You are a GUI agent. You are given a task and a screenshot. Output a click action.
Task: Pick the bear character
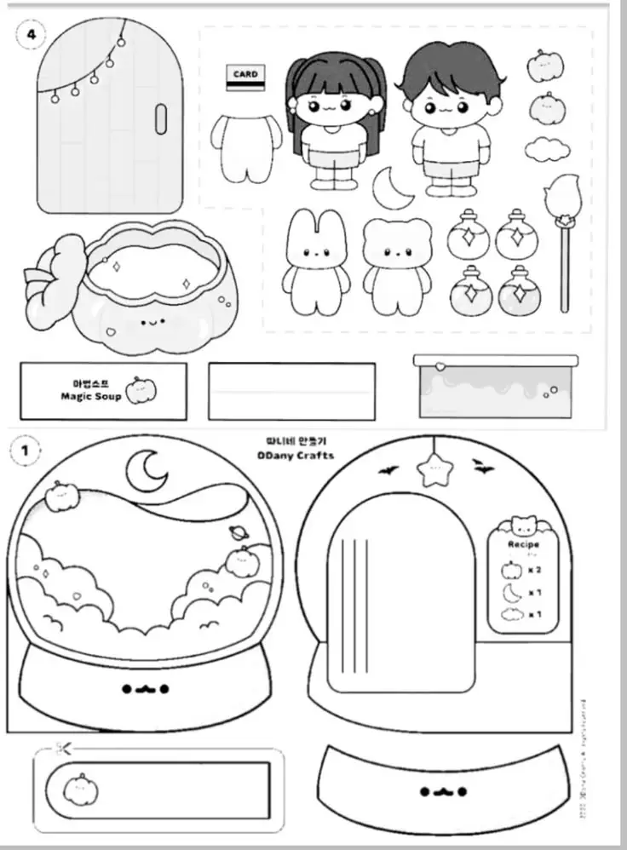[398, 266]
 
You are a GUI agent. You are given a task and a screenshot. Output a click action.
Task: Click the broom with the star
[564, 238]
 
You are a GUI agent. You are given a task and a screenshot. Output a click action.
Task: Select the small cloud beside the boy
[547, 149]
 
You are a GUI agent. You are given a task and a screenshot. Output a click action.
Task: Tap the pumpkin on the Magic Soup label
[141, 391]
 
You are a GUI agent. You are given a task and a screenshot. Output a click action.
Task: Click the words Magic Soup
[90, 396]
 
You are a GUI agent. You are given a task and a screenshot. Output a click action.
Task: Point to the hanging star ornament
[435, 468]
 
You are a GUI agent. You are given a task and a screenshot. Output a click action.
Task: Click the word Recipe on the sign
[523, 543]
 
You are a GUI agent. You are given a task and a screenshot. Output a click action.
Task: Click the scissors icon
[61, 749]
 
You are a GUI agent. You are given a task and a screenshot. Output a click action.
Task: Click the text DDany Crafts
[297, 455]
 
